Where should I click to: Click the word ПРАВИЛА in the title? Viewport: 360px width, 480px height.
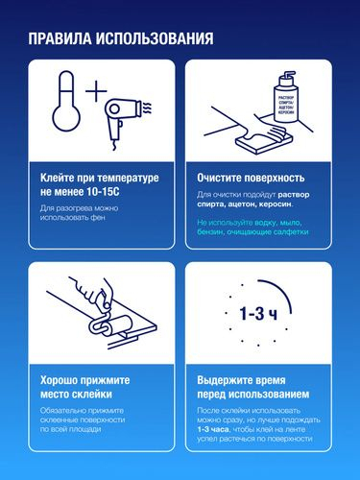[x=60, y=38]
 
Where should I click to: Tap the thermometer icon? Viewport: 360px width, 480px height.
[x=66, y=101]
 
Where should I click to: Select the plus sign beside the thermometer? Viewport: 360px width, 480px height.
[x=96, y=91]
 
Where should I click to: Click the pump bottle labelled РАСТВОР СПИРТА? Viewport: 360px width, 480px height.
[x=285, y=98]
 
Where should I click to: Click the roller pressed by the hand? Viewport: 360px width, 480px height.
[x=110, y=324]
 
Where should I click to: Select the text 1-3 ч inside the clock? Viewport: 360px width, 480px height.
[x=258, y=314]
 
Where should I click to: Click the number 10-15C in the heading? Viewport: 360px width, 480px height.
[x=103, y=192]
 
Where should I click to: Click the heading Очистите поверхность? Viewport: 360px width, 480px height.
[x=251, y=178]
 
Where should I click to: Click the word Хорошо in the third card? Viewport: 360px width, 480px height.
[x=59, y=380]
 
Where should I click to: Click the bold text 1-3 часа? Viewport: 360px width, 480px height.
[x=213, y=429]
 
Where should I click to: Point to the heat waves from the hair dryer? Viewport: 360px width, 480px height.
[x=147, y=108]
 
